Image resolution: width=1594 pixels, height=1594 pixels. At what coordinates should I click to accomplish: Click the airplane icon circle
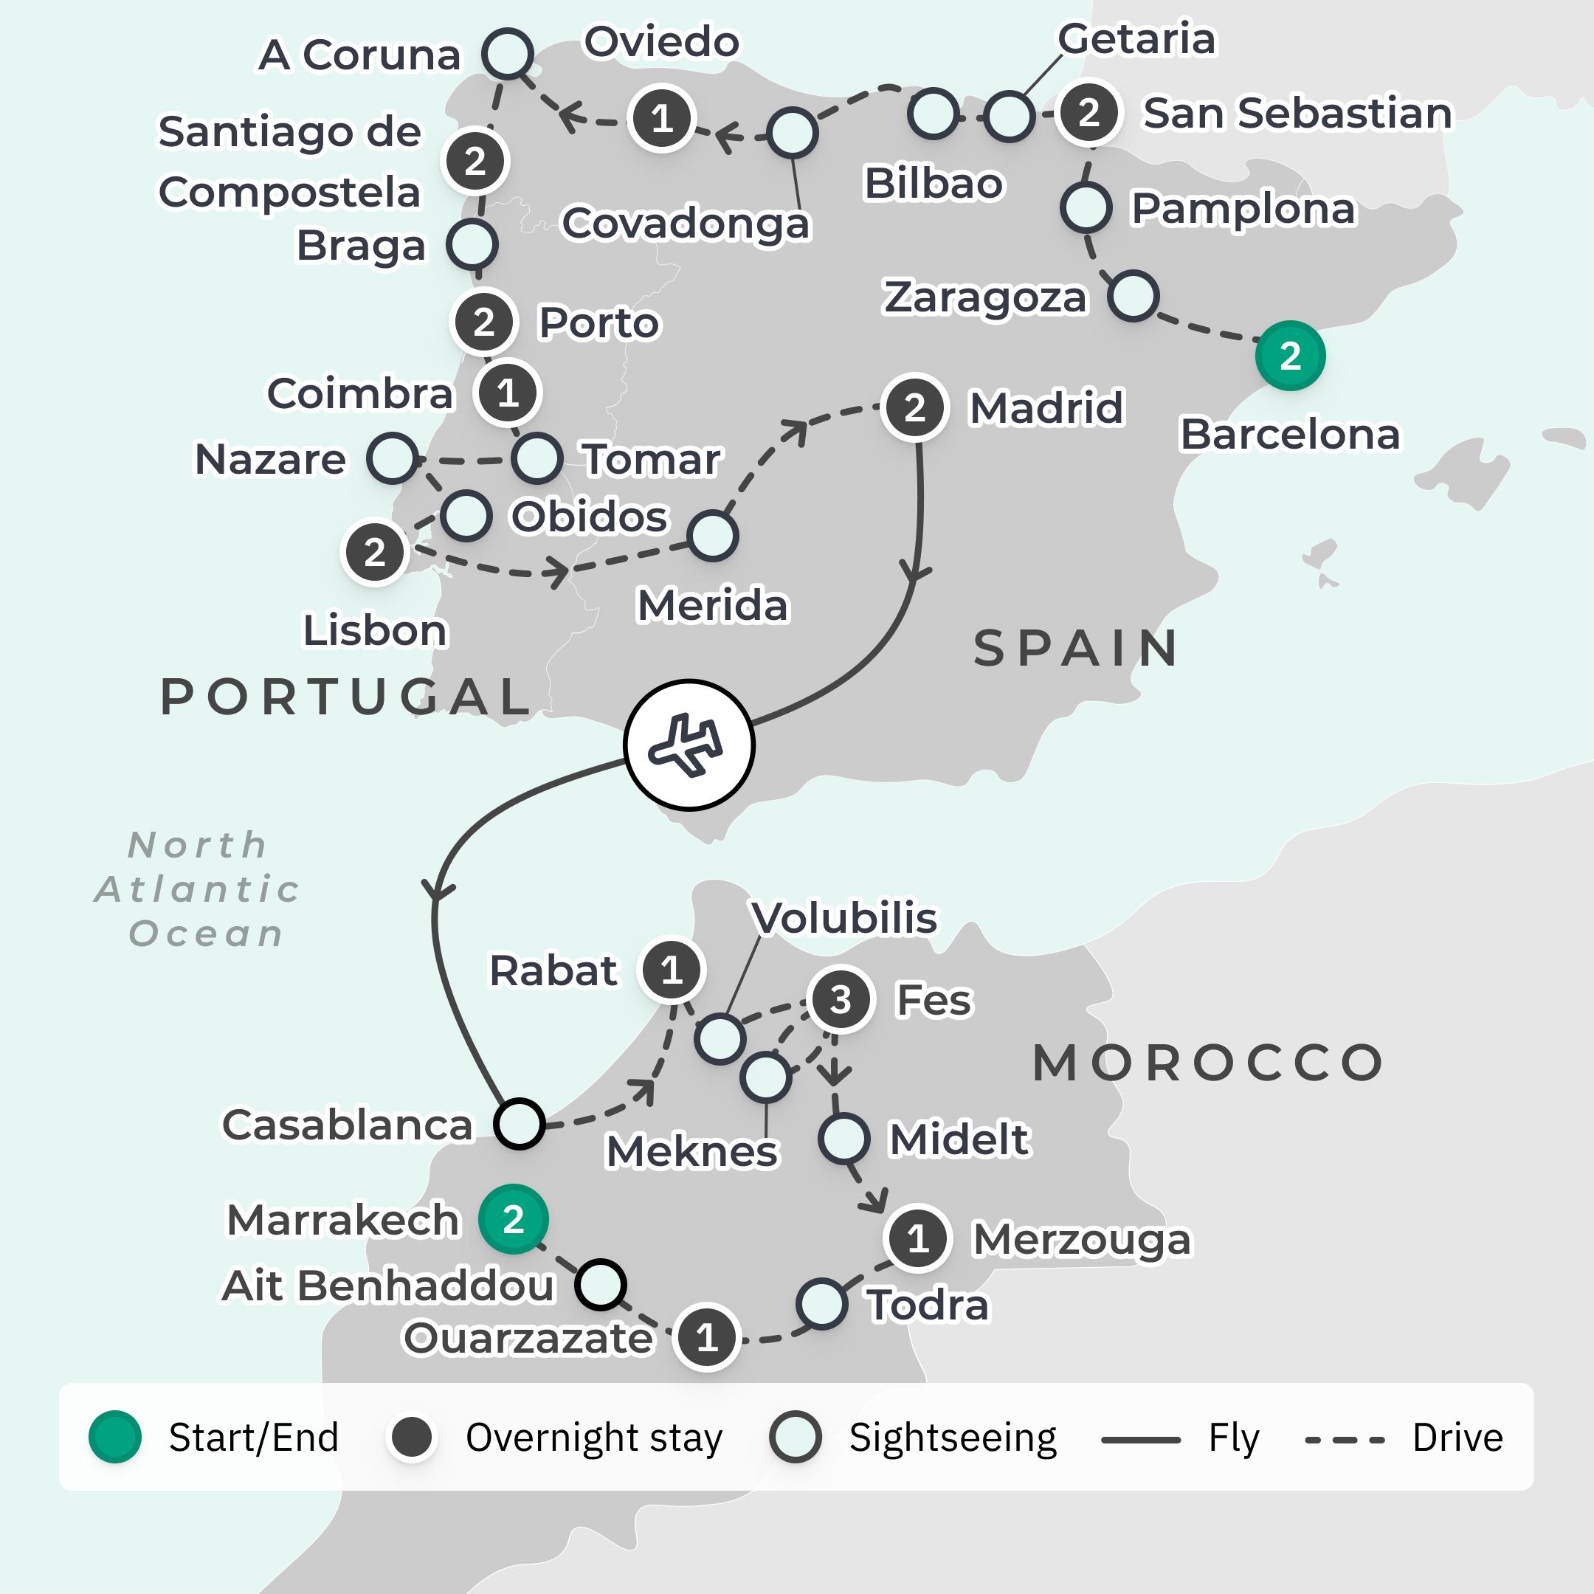coord(688,745)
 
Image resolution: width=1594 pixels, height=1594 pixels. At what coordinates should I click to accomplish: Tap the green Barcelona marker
coord(1289,356)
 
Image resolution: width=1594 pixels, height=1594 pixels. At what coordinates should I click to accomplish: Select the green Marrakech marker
coord(513,1219)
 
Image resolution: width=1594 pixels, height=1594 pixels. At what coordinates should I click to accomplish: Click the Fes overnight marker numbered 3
coord(840,1000)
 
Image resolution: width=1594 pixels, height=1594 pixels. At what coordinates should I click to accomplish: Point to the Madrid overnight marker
coord(914,407)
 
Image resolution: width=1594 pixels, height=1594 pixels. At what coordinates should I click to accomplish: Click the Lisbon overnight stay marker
coord(375,552)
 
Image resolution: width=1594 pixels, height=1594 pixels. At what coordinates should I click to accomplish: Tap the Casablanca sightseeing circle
coord(519,1124)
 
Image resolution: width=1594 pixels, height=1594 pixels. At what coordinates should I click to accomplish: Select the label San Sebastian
coord(1297,113)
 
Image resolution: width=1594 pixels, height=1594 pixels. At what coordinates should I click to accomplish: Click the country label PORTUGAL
coord(345,697)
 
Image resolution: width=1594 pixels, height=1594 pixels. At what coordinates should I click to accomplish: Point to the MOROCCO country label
coord(1208,1063)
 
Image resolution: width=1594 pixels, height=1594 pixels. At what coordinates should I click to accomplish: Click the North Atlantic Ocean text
coord(198,889)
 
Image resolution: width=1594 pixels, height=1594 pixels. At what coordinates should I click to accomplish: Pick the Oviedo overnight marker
coord(661,118)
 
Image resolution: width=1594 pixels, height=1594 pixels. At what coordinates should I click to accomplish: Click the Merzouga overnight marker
coord(917,1238)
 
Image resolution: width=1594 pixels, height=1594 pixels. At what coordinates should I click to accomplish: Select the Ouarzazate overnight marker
coord(706,1337)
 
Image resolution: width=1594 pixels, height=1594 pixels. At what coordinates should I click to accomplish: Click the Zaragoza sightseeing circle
coord(1133,296)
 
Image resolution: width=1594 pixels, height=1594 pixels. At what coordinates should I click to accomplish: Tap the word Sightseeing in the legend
coord(952,1438)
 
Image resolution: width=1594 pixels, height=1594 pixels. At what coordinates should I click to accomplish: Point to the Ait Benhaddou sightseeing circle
coord(601,1285)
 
